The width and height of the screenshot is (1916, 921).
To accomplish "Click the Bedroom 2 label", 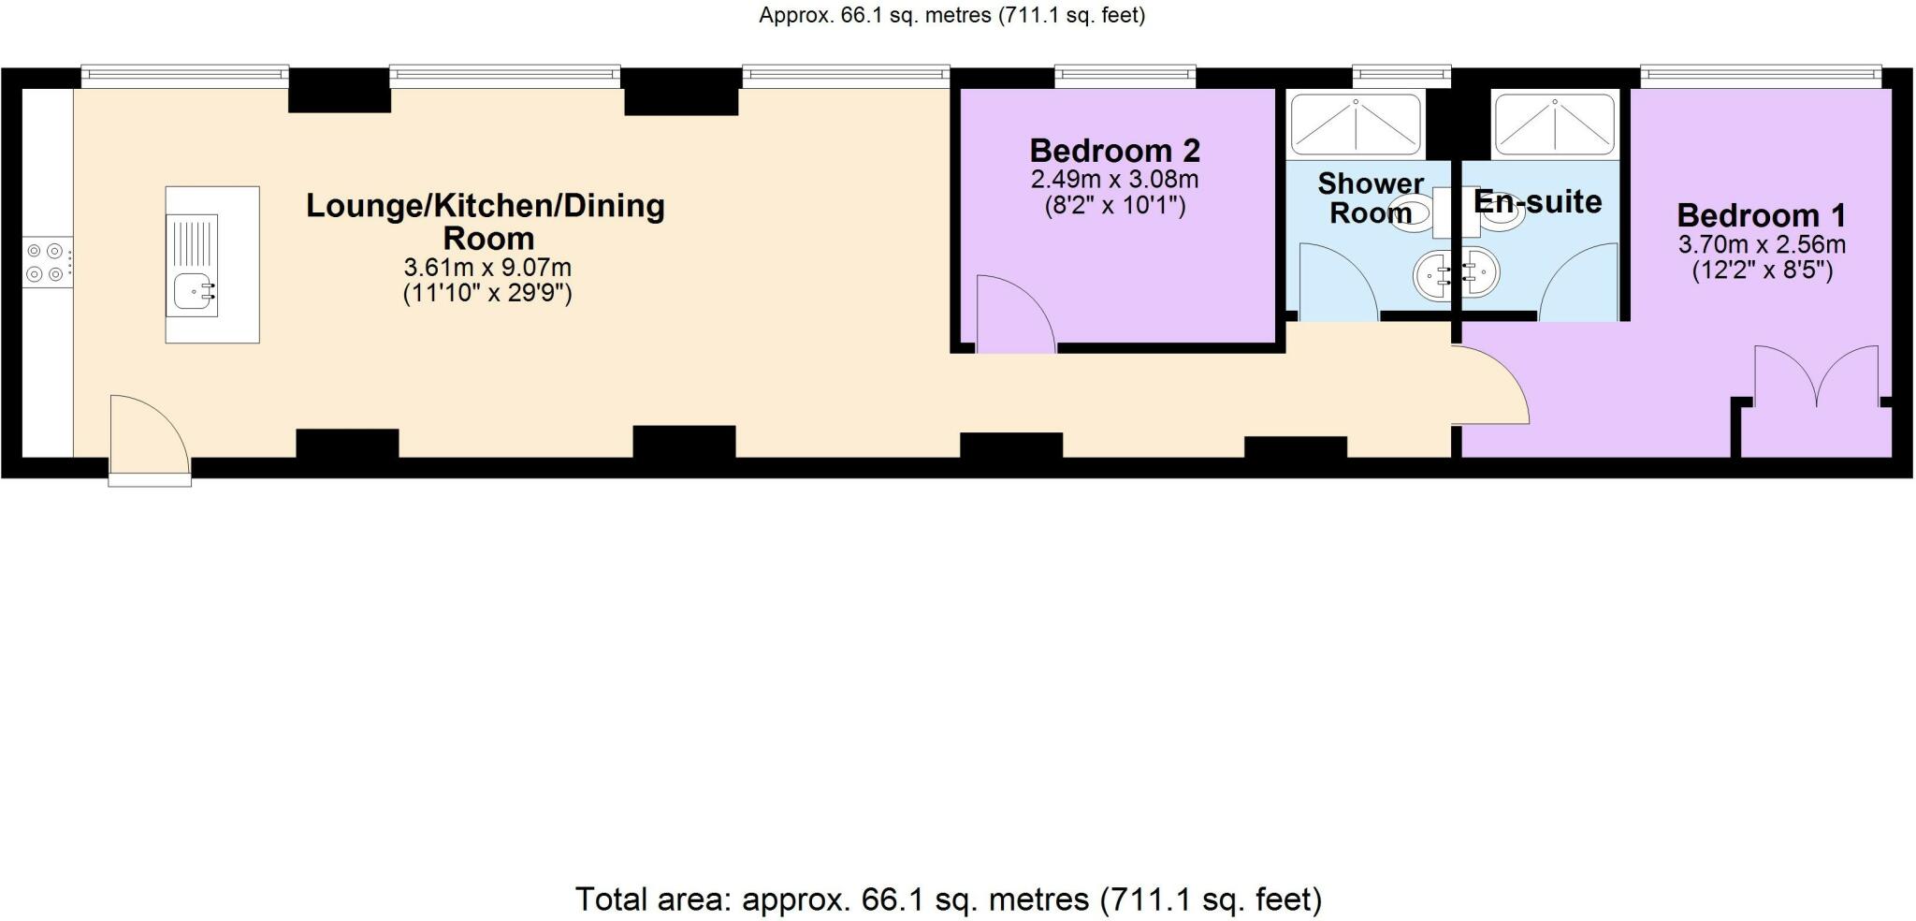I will [x=1114, y=151].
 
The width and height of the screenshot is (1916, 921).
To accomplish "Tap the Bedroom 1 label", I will [x=1761, y=216].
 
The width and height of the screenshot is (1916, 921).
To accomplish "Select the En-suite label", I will [x=1537, y=202].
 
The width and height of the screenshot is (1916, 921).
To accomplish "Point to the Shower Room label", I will [x=1370, y=198].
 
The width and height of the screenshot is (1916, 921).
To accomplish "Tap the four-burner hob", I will [x=46, y=262].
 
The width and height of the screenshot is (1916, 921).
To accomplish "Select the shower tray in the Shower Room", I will [x=1356, y=124].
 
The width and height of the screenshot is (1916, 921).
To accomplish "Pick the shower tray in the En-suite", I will [x=1554, y=124].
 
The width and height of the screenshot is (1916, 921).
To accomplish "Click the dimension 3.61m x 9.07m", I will [x=487, y=268].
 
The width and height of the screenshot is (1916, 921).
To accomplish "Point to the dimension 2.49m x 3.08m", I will [x=1114, y=180].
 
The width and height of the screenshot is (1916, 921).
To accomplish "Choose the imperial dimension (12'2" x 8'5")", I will [x=1762, y=271].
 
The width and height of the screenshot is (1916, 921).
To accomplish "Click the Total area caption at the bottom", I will [x=948, y=899].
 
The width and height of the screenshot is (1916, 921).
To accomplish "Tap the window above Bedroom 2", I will [x=1125, y=75].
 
